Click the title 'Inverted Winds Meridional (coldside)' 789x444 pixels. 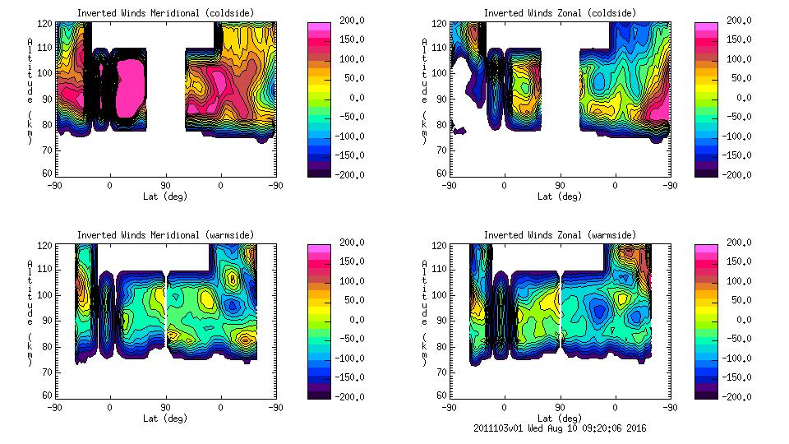165,13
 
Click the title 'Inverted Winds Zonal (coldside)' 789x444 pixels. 560,13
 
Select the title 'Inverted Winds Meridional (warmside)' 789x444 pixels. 165,235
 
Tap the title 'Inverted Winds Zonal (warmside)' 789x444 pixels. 560,235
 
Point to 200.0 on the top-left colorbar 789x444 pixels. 354,21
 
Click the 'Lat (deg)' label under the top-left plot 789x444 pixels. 165,196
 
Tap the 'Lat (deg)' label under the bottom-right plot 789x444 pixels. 560,418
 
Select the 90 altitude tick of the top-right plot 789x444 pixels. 441,99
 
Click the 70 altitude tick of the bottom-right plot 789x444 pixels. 441,371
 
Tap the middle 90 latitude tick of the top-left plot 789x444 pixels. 165,186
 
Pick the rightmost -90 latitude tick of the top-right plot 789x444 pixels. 671,186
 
